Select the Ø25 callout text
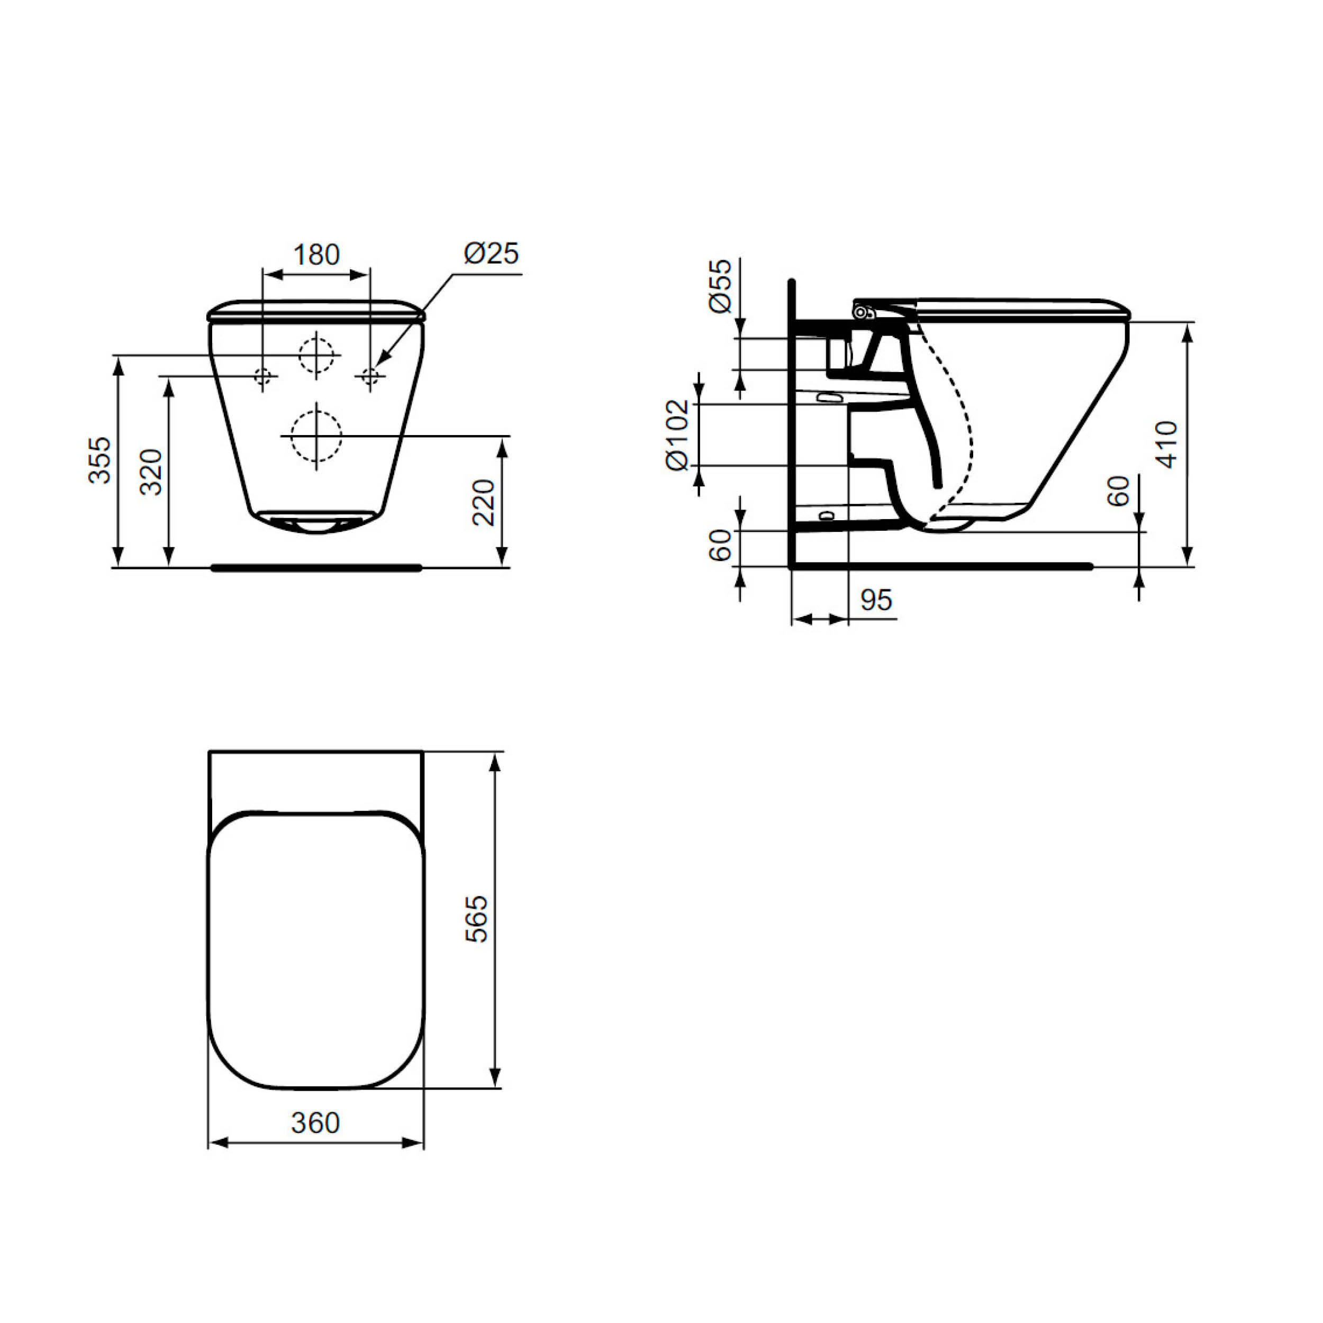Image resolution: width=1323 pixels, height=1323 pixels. (491, 253)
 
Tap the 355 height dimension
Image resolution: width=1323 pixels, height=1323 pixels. (100, 460)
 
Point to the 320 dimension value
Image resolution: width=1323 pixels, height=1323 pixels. (151, 472)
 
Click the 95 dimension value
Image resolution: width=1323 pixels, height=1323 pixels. (876, 601)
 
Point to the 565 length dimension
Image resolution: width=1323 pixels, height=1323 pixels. (477, 919)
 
